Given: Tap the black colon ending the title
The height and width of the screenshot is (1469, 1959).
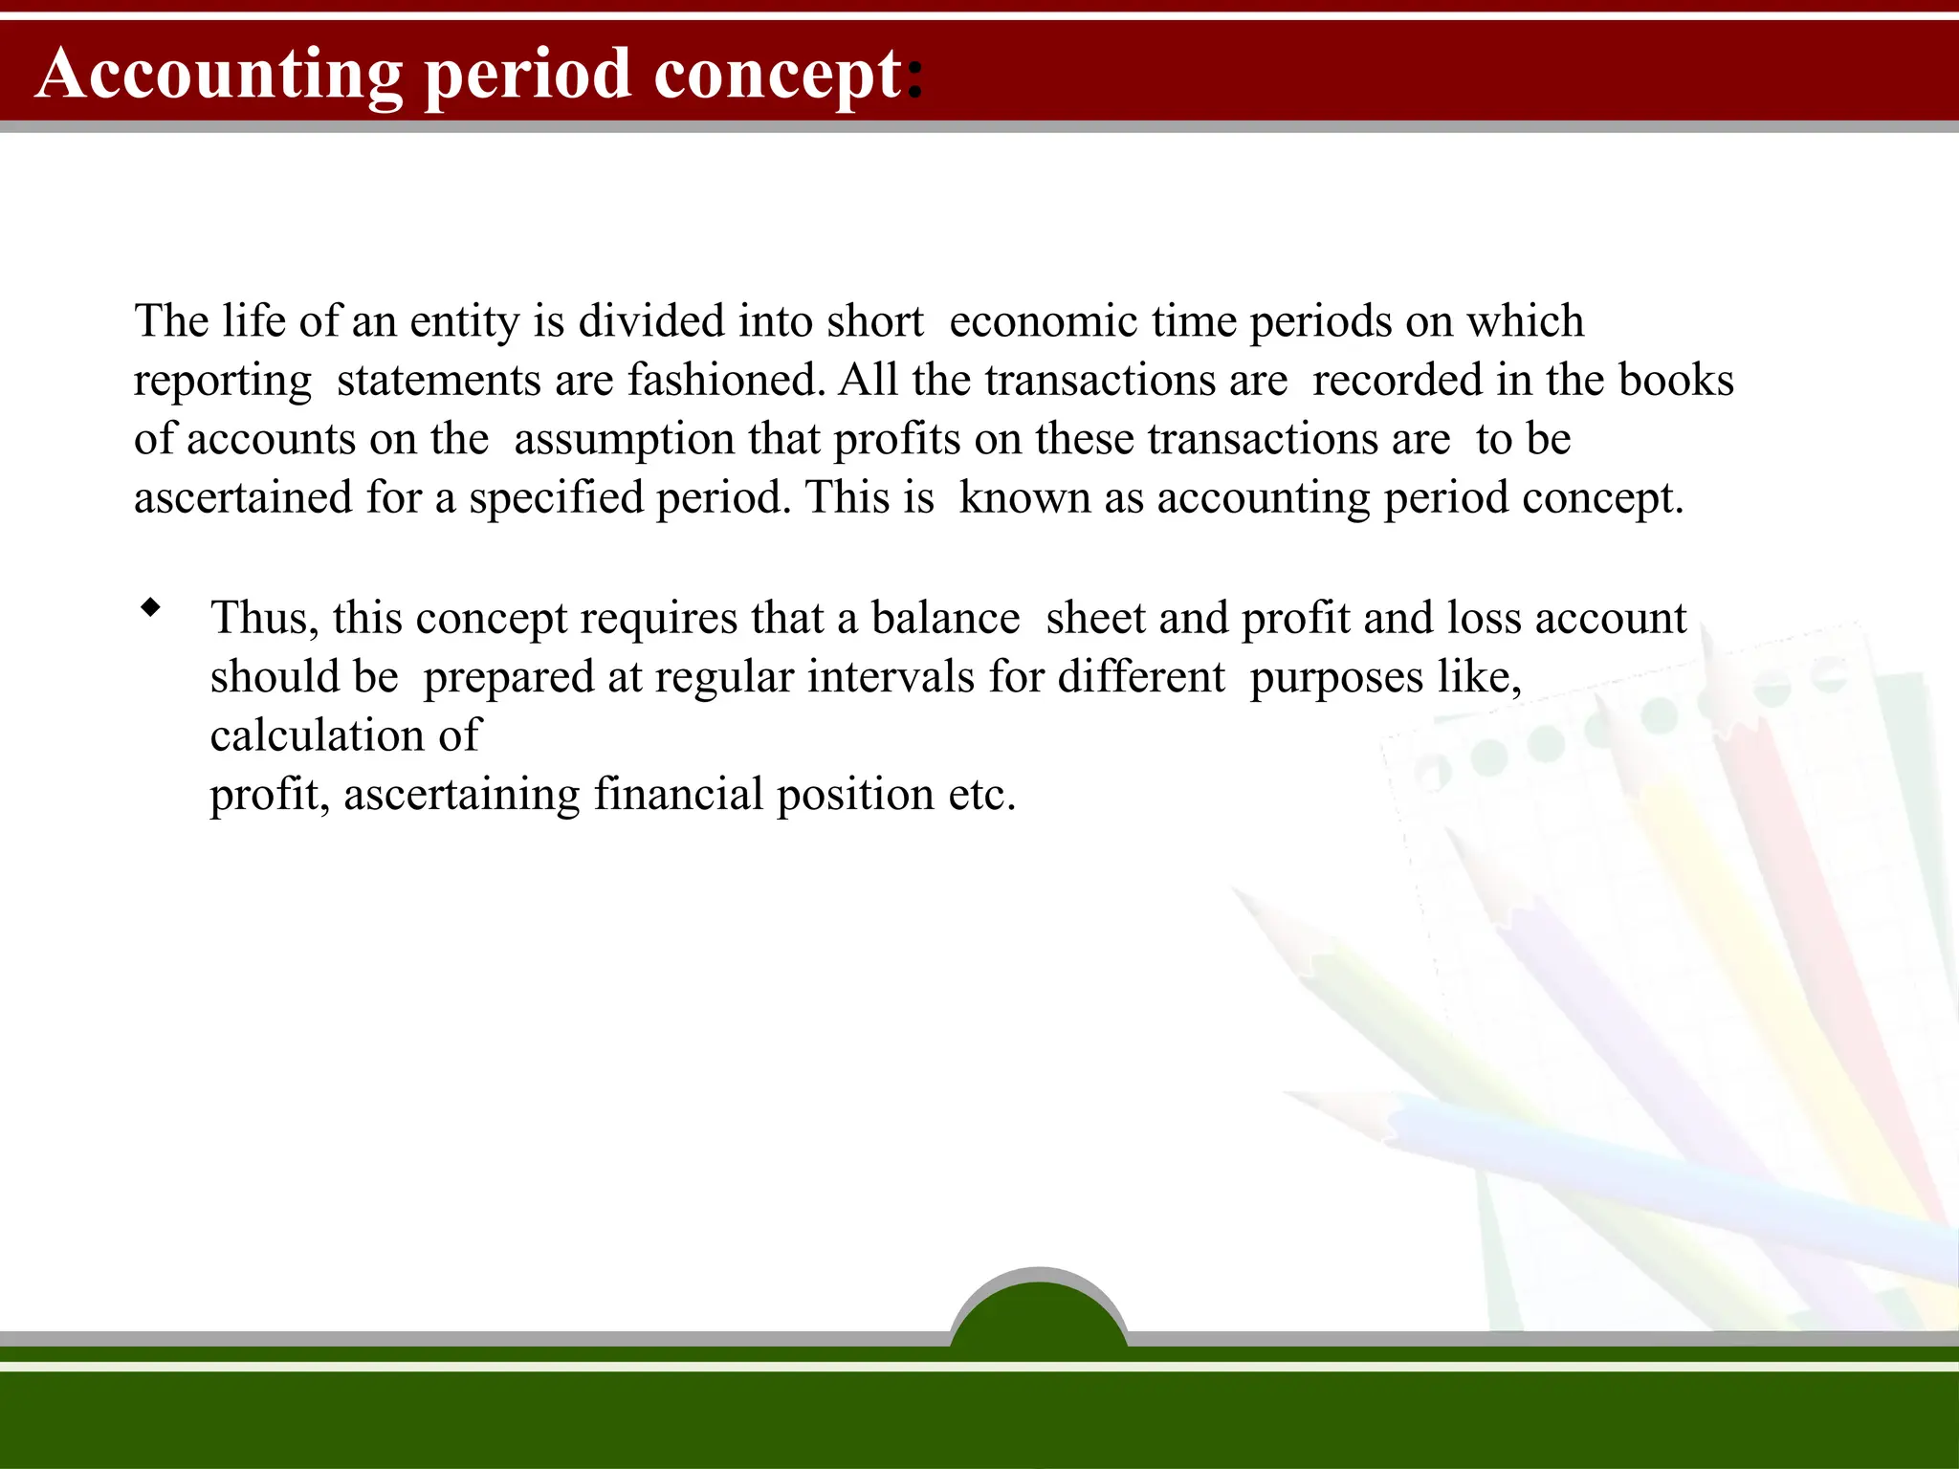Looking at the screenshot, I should pos(914,77).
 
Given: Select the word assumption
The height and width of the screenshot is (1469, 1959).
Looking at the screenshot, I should pos(625,440).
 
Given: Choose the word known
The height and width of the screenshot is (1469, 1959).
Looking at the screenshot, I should pos(1024,498).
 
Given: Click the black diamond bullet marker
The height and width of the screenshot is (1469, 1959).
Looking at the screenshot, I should pos(150,607).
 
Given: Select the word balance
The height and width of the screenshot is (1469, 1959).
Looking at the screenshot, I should pos(945,618).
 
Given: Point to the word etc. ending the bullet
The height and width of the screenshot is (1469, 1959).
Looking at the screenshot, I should pos(981,795).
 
